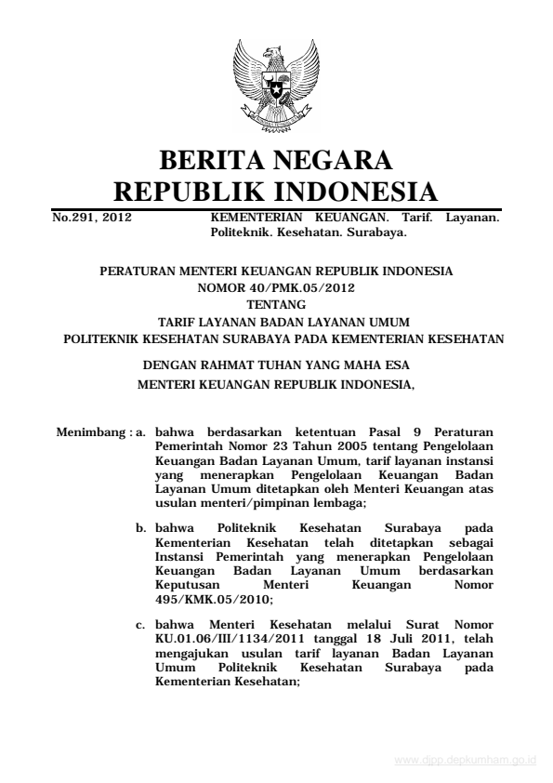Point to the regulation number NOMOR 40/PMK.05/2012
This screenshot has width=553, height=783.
pos(276,287)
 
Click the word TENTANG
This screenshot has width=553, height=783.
pos(276,303)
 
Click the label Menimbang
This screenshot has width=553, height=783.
pos(87,432)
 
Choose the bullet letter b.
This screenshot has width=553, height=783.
pos(142,526)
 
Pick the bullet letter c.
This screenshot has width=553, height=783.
pos(142,621)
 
